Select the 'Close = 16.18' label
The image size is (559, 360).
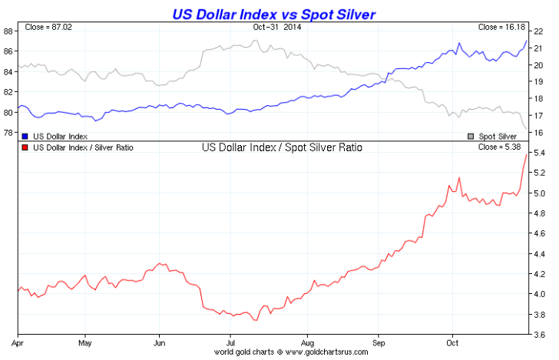tap(501, 27)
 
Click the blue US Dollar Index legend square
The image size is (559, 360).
tap(26, 135)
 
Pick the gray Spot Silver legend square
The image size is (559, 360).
tap(471, 135)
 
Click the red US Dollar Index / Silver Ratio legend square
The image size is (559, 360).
tap(26, 147)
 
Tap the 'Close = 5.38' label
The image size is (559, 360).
tap(503, 147)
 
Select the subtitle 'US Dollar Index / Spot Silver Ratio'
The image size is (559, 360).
tap(281, 147)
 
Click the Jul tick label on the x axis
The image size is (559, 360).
tap(231, 342)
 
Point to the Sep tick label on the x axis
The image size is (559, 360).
tap(379, 342)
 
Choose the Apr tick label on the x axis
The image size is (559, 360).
tap(18, 342)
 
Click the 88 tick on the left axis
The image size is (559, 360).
tap(8, 31)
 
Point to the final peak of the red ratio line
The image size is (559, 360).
tap(527, 155)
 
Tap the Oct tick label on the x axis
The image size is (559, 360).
tap(453, 342)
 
